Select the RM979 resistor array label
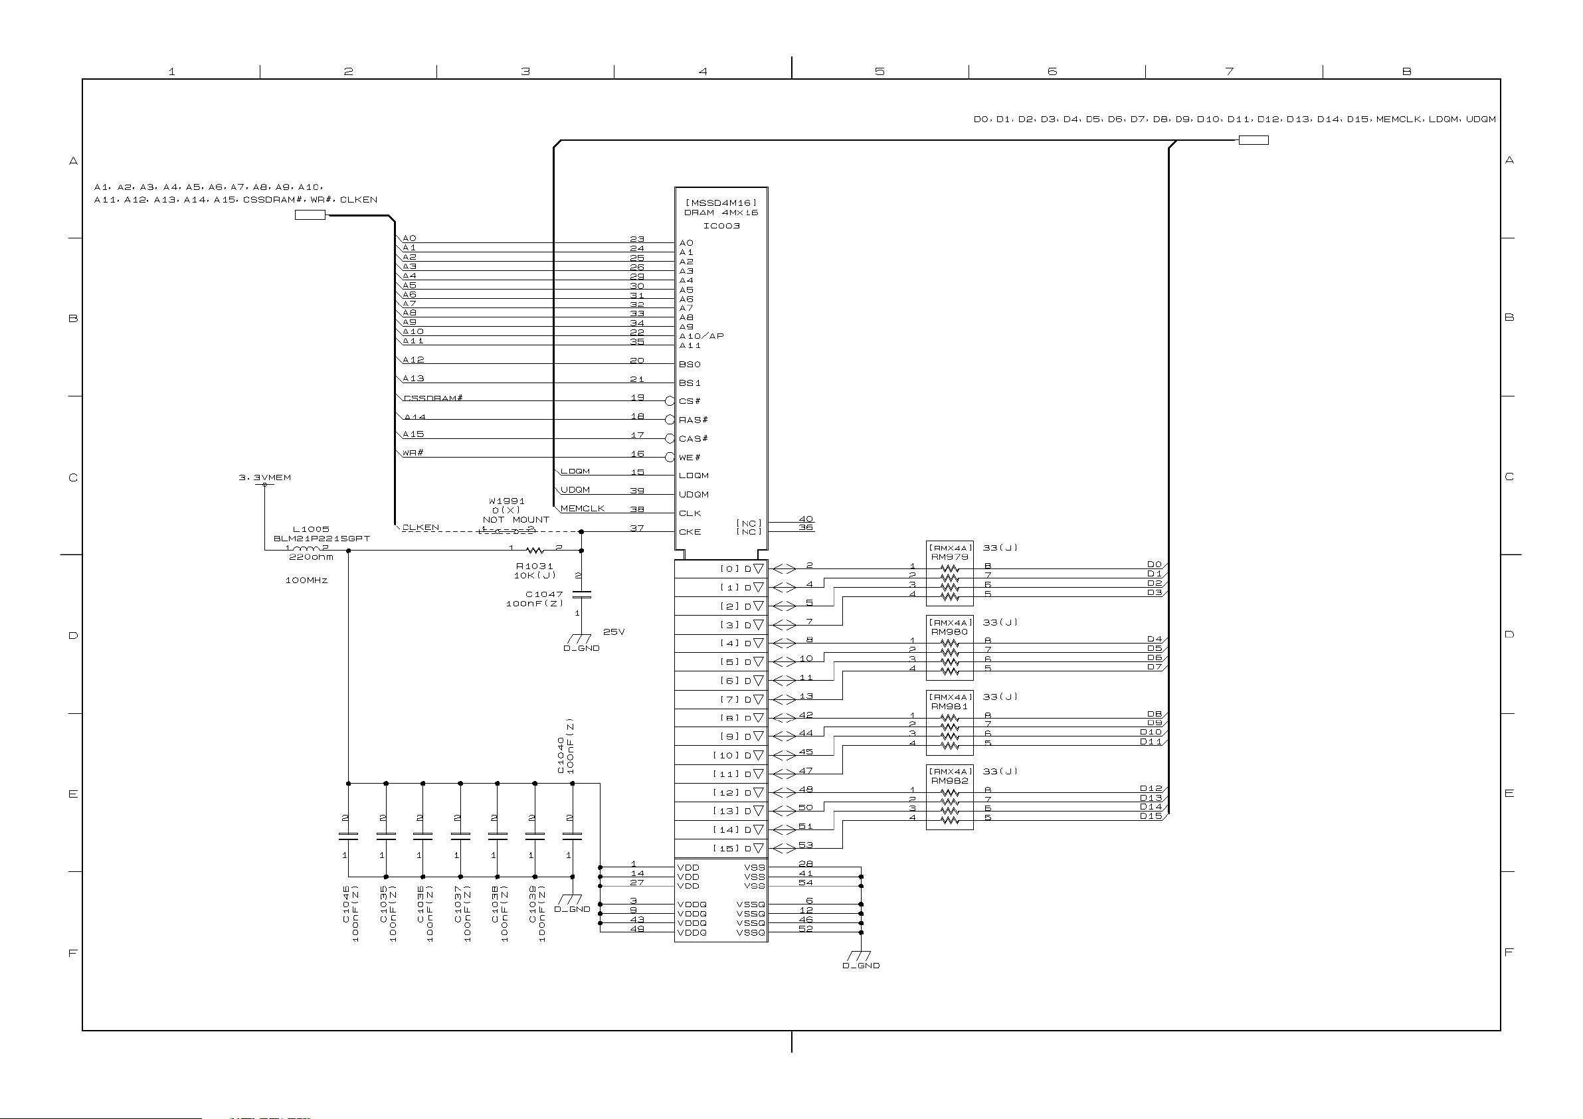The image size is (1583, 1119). (949, 557)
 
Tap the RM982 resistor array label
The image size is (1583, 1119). (949, 781)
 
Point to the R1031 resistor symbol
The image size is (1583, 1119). (535, 550)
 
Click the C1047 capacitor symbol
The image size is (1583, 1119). (582, 594)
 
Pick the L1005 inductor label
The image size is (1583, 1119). (311, 529)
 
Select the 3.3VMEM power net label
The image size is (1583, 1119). (265, 477)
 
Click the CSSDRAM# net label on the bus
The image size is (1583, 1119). (433, 398)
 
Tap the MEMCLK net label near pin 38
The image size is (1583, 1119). (583, 509)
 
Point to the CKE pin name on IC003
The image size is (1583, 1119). (690, 532)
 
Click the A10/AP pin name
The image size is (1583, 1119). (701, 337)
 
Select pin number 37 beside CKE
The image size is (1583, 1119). (637, 528)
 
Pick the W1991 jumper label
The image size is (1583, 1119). (507, 501)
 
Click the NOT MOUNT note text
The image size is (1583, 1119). (515, 520)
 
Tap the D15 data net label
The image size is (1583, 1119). (1151, 816)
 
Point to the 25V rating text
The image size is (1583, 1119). (614, 632)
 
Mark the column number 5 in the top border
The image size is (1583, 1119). (879, 72)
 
